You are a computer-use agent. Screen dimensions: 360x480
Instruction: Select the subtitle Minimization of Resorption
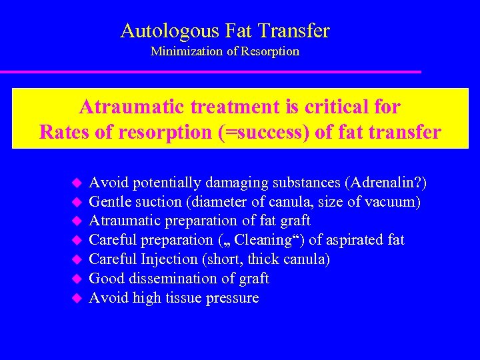225,51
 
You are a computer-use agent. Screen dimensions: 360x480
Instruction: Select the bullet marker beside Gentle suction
76,201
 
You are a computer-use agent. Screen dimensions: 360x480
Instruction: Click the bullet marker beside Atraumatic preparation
76,221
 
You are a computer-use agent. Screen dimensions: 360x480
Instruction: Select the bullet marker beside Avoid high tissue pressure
76,297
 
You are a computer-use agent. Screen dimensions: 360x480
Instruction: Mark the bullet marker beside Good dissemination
76,278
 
